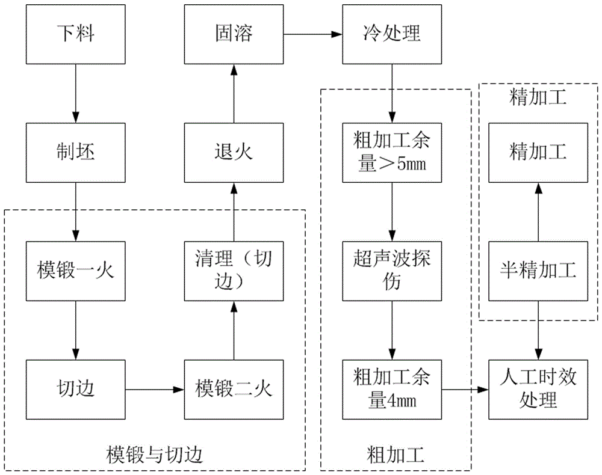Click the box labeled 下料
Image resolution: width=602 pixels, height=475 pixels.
(76, 33)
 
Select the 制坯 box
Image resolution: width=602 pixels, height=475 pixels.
(76, 152)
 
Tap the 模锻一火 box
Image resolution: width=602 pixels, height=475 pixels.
(76, 271)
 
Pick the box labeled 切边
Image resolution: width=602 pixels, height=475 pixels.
(76, 389)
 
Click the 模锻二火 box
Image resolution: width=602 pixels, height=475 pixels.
(234, 389)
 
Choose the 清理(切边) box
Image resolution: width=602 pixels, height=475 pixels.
(234, 271)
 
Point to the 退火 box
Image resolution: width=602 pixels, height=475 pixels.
(234, 152)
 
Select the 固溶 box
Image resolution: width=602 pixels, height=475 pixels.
(234, 33)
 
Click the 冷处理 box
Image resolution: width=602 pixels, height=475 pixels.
(393, 33)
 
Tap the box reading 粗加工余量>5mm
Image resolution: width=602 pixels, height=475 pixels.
(393, 152)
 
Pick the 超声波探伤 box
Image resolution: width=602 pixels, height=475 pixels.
(393, 271)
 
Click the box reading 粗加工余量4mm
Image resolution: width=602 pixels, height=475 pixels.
(393, 389)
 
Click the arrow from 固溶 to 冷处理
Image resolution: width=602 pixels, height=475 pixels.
(312, 34)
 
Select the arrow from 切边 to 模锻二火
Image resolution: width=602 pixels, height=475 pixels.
(155, 390)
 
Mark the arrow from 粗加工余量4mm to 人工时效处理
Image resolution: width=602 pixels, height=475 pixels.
(465, 390)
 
